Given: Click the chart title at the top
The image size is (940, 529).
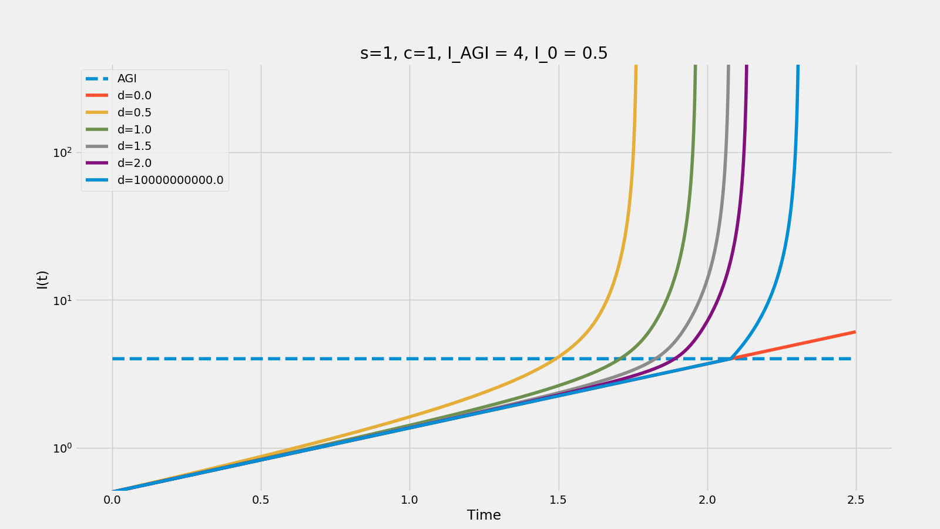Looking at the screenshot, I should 484,53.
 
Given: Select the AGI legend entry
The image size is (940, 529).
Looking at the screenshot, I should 127,79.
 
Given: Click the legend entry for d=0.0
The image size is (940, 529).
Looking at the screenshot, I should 134,96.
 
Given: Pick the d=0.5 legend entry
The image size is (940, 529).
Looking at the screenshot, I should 134,113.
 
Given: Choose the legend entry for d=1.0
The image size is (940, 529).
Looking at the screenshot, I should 134,130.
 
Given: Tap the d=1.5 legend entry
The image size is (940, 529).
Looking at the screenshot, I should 134,146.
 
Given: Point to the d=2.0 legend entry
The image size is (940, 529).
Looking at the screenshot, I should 134,163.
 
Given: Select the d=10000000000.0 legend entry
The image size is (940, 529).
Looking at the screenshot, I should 170,180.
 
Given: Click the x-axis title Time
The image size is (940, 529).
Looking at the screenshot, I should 484,515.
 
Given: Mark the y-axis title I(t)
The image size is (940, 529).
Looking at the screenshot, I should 42,280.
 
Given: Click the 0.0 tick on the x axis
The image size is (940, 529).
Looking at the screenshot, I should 112,500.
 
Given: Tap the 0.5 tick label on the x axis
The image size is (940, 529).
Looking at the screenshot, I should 261,500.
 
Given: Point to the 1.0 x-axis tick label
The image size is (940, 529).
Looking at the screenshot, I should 409,500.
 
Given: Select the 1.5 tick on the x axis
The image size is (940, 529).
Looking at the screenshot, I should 558,500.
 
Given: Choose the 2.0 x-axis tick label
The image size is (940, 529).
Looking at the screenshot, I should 707,500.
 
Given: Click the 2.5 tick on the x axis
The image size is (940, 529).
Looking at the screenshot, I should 856,500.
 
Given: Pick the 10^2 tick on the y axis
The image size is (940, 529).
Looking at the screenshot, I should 62,152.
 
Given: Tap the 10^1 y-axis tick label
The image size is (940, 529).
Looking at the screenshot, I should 62,300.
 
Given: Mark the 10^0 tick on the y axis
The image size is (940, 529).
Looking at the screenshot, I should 62,448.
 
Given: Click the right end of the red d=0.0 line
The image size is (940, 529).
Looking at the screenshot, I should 855,332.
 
